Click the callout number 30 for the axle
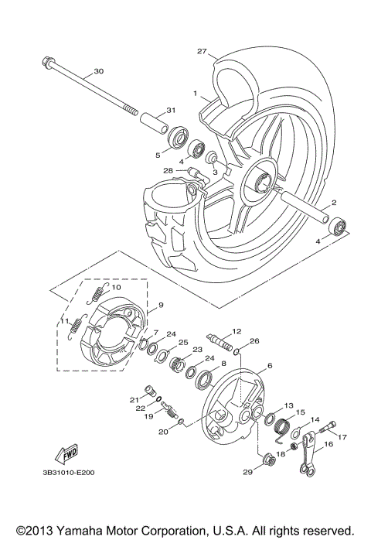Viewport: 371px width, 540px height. (x=97, y=71)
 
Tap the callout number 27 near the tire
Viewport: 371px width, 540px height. (x=202, y=52)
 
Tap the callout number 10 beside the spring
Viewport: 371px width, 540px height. (x=117, y=287)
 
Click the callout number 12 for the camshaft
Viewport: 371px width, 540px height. (x=237, y=331)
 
